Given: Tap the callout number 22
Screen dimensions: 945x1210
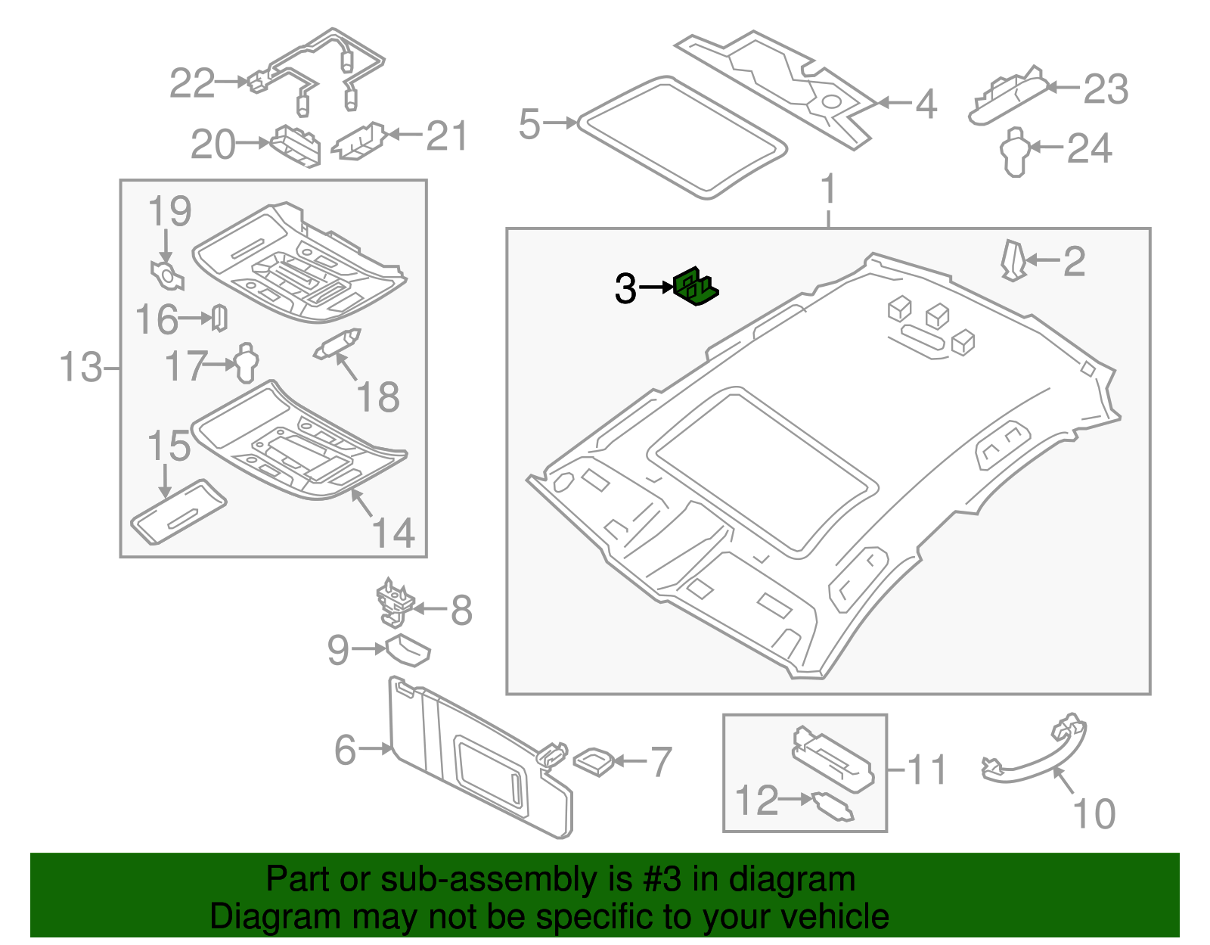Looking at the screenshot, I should pyautogui.click(x=192, y=83).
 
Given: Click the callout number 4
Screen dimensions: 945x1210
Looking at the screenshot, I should pyautogui.click(x=926, y=104).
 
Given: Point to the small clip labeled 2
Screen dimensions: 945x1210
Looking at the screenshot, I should pyautogui.click(x=1012, y=260).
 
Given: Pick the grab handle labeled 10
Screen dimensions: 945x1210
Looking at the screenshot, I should pyautogui.click(x=1036, y=757).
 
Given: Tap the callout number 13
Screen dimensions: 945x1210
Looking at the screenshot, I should pyautogui.click(x=80, y=368).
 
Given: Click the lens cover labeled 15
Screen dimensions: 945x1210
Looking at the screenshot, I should pyautogui.click(x=178, y=511).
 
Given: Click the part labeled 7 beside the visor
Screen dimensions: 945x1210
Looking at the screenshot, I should pyautogui.click(x=594, y=760).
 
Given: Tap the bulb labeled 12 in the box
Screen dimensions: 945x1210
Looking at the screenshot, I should pyautogui.click(x=832, y=806).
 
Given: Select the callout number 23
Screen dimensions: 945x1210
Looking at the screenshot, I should pyautogui.click(x=1106, y=89).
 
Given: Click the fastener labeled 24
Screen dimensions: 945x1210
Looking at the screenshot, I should pyautogui.click(x=1015, y=151).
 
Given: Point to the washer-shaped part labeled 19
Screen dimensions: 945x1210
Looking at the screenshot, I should pyautogui.click(x=167, y=275).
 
